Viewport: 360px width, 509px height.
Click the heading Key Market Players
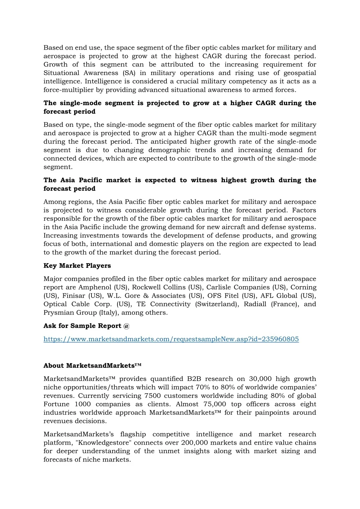tap(77, 266)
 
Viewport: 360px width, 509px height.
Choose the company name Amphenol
tap(95, 287)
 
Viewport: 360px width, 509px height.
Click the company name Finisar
tap(74, 296)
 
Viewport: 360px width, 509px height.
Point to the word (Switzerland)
tap(217, 304)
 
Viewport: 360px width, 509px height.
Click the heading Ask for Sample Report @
tap(87, 326)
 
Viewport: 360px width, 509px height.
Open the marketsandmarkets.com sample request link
tap(171, 339)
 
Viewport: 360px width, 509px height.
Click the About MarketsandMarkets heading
tap(92, 365)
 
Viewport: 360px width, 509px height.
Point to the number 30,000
tap(260, 379)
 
